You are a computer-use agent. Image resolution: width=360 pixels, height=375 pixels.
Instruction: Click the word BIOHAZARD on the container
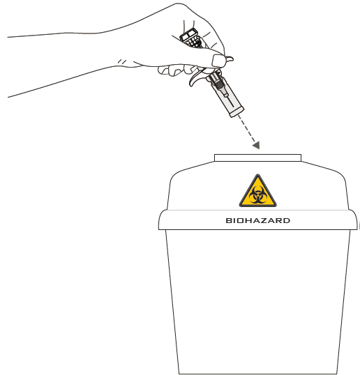coord(258,220)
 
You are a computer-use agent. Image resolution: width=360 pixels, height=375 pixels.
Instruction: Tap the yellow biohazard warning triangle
coord(258,192)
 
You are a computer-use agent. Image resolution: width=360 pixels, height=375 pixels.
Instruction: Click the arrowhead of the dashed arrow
coord(257,145)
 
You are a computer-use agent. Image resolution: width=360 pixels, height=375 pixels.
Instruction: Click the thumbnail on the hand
coord(218,61)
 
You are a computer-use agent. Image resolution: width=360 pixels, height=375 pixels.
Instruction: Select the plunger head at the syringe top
coord(189,34)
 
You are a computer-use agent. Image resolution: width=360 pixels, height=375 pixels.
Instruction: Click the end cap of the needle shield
coord(237,112)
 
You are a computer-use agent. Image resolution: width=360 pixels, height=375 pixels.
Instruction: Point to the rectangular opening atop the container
coord(258,158)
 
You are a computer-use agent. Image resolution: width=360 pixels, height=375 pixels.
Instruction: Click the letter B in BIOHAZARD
coord(229,220)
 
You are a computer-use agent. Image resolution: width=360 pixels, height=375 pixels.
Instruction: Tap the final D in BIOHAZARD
coord(287,220)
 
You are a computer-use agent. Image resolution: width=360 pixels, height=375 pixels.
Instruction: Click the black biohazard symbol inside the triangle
coord(258,195)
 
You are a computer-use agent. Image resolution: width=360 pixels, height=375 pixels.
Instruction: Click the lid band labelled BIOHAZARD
coord(258,220)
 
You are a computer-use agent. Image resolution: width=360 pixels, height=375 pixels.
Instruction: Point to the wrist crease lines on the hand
coord(122,62)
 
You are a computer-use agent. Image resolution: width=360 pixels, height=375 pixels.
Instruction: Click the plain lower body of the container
coord(258,301)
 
